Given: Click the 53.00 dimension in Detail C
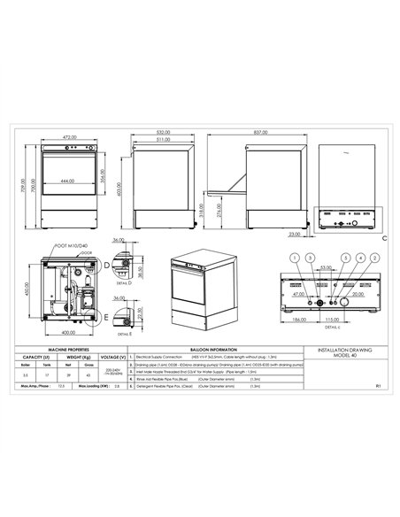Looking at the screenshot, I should pyautogui.click(x=327, y=266).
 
